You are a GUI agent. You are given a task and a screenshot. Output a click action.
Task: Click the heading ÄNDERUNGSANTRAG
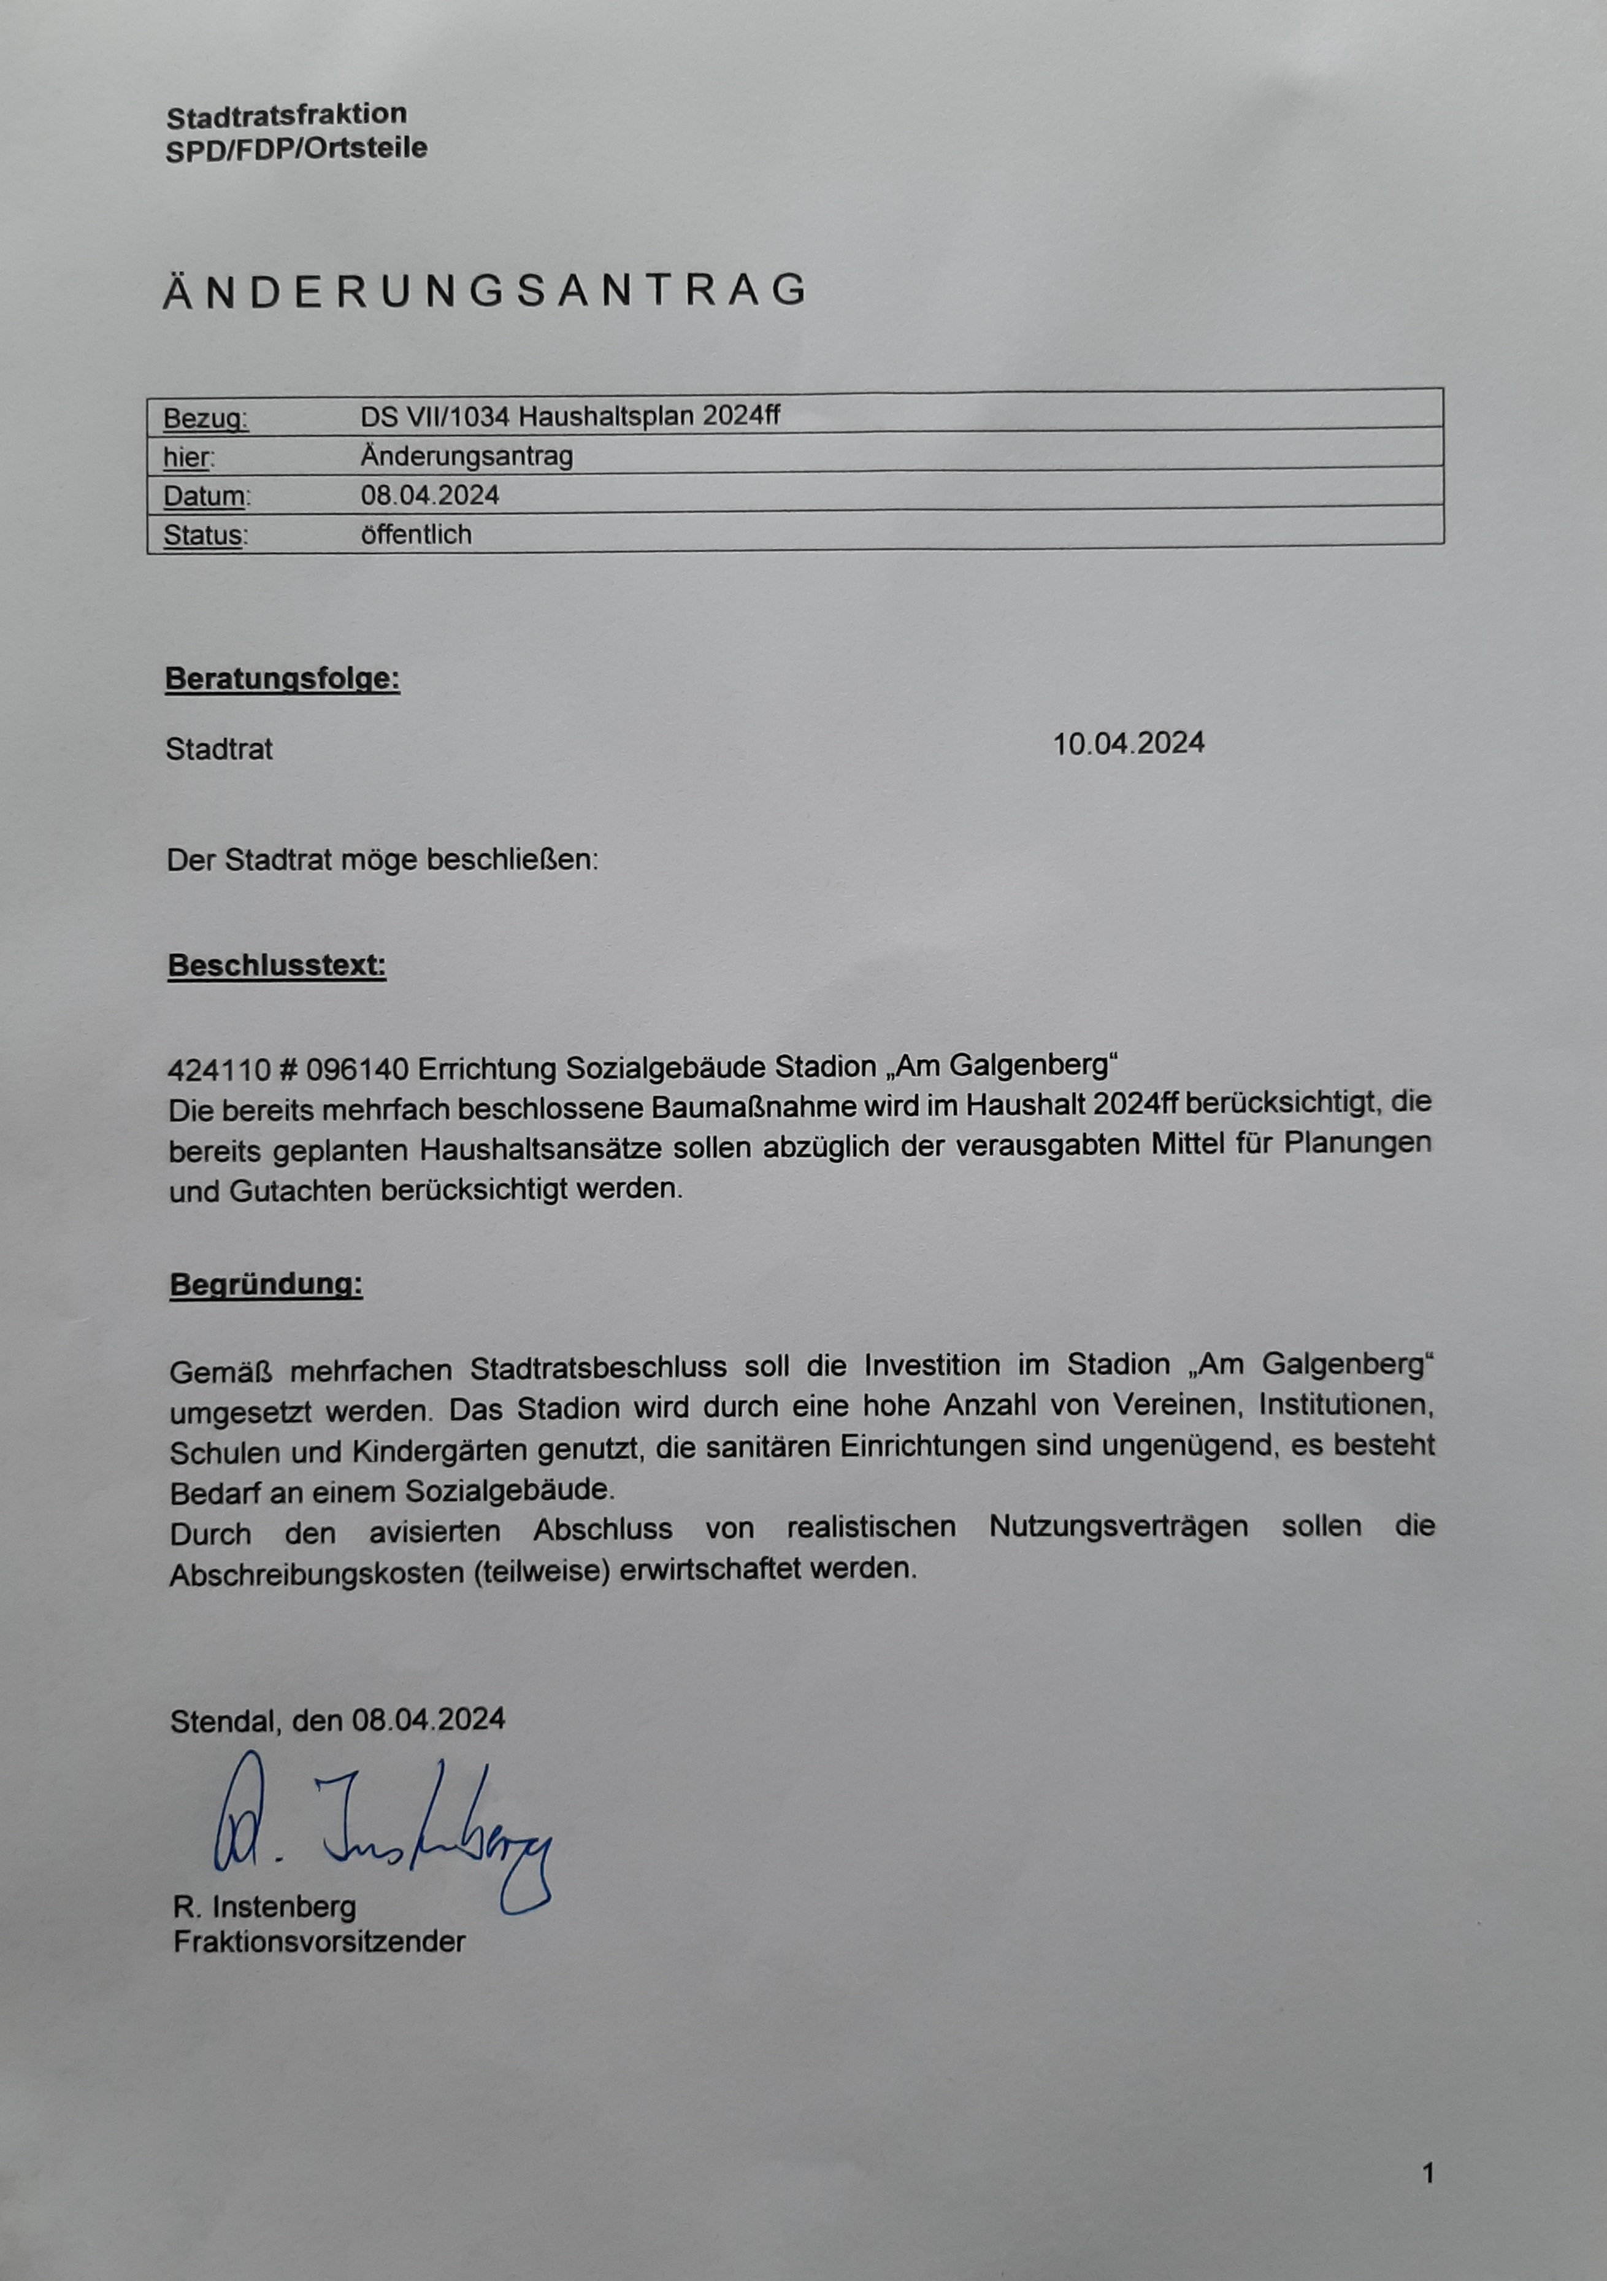pos(485,290)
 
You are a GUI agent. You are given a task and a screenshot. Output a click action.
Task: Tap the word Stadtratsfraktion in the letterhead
pos(286,116)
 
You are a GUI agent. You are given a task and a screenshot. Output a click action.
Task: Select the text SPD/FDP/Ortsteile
pos(296,149)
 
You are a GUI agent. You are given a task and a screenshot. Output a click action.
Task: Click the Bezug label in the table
pos(205,419)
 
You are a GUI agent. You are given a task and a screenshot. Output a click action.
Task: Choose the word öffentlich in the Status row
pos(416,534)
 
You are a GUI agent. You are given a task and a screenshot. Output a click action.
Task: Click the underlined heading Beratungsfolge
pos(282,680)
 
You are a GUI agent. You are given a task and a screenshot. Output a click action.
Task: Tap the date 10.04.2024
pos(1129,743)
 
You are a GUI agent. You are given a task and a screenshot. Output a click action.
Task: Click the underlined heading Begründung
pos(266,1285)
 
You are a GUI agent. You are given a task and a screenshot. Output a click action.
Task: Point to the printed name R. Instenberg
pos(264,1907)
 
